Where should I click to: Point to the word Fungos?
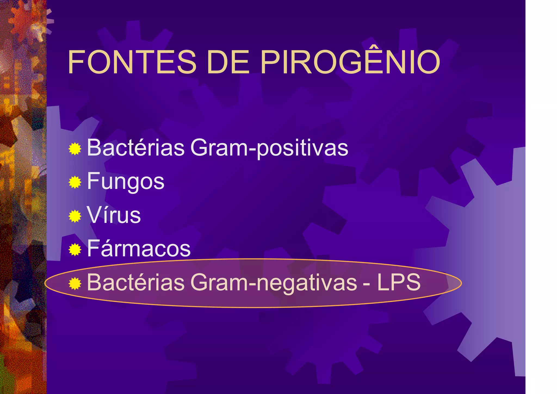pos(126,182)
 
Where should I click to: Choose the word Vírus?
pos(114,215)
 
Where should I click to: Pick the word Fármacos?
pos(139,249)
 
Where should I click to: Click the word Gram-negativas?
pos(274,283)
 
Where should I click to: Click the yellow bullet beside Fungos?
pos(75,182)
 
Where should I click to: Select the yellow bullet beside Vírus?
pos(75,216)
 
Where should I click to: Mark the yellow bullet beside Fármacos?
pos(75,250)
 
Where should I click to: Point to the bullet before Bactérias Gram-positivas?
pos(75,149)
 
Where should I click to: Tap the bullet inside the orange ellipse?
pos(75,284)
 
